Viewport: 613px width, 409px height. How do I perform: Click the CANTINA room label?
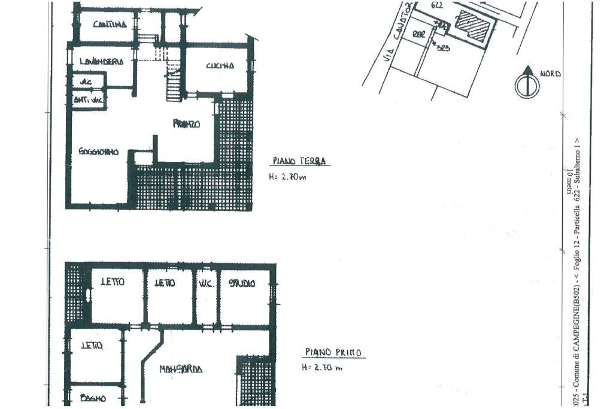pos(110,25)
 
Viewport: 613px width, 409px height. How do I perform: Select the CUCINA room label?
pos(220,66)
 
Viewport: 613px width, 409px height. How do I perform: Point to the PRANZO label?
pos(186,124)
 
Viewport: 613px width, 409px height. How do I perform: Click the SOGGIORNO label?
pos(99,152)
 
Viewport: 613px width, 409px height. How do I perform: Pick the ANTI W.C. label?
pos(87,100)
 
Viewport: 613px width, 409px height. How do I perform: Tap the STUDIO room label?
pos(242,283)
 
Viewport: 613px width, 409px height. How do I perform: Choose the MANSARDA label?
pos(180,369)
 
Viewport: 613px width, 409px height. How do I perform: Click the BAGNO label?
pos(93,398)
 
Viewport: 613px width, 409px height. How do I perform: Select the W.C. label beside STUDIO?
pos(207,283)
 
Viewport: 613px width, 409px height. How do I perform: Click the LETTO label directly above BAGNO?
pos(92,346)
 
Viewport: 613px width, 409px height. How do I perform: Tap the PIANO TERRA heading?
pos(299,161)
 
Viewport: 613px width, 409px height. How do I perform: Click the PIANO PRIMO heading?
pos(333,353)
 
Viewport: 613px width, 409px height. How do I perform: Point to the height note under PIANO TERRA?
pos(288,177)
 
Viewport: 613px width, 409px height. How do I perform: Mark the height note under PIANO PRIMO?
pos(322,368)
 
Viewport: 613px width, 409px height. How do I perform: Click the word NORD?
pos(550,74)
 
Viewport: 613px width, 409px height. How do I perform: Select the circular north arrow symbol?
pos(527,84)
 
